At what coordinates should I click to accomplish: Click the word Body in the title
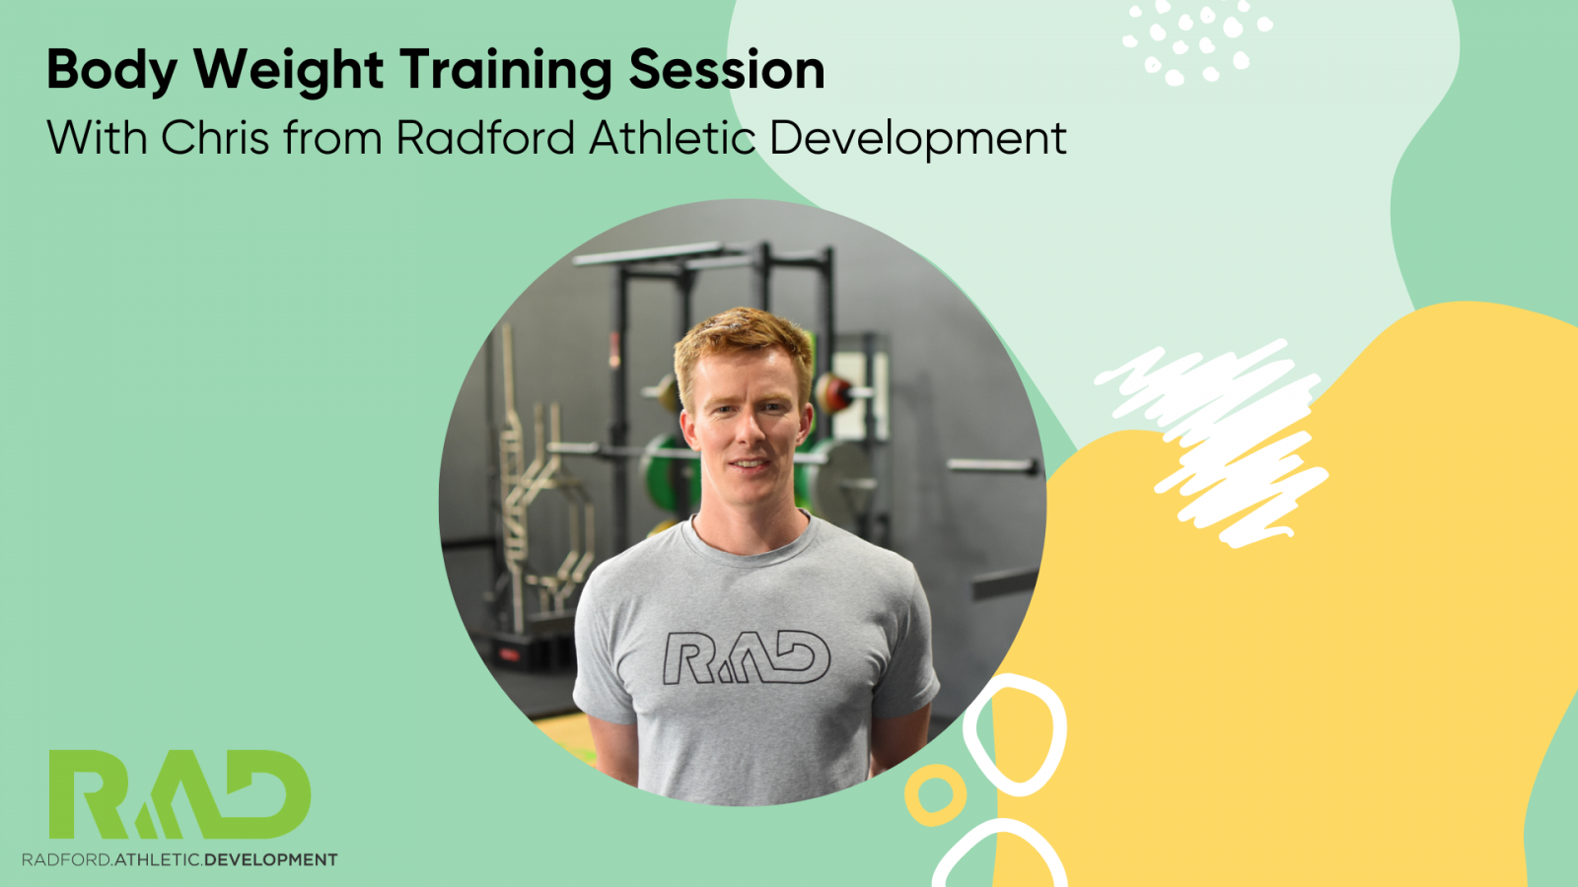point(112,71)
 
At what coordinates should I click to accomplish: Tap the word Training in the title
point(506,71)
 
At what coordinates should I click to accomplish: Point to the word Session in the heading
point(726,70)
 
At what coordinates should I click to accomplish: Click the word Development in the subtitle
point(918,139)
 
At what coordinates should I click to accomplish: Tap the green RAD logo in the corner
point(179,794)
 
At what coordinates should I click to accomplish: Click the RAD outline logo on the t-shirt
point(747,658)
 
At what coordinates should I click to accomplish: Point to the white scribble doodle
point(1212,443)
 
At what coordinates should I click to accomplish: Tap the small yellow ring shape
point(935,794)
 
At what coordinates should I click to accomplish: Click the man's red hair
point(744,345)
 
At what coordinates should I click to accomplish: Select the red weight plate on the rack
point(833,393)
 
